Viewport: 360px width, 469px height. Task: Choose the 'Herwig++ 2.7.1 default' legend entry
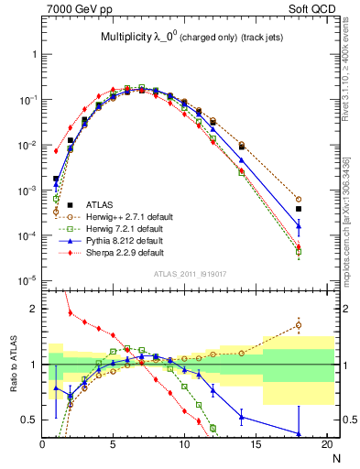(x=124, y=216)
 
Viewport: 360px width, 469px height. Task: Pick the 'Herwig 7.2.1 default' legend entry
(x=121, y=228)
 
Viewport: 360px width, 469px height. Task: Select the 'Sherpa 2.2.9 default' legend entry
(x=121, y=252)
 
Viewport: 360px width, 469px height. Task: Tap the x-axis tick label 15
(x=255, y=445)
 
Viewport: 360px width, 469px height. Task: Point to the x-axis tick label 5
(x=113, y=445)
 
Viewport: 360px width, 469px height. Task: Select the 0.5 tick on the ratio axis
(x=29, y=420)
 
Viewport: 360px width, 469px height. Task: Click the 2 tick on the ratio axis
(x=34, y=309)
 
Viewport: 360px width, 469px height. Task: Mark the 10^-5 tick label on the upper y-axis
(x=27, y=280)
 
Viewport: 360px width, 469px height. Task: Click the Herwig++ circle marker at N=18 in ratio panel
(x=298, y=324)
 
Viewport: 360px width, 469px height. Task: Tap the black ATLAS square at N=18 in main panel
(x=298, y=209)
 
